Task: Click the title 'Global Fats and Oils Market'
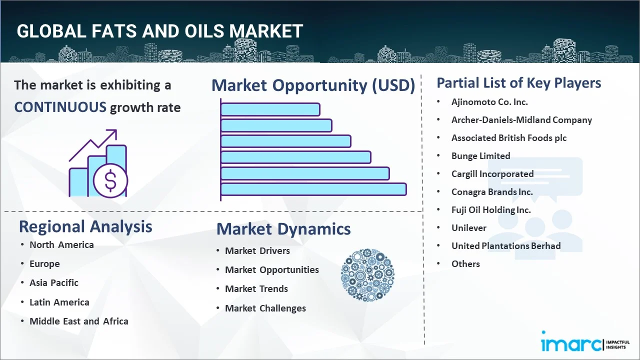159,31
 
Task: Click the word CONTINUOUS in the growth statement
60,107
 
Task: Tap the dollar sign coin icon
110,181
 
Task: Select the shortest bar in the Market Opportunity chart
270,109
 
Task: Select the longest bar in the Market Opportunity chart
313,189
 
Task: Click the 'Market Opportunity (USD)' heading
313,85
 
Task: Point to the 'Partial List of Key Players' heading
518,82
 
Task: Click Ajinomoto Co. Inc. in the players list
489,102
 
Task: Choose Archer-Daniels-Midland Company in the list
521,120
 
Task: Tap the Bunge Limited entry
480,156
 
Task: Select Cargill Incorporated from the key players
492,174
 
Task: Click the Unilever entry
468,228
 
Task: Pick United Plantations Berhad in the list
505,246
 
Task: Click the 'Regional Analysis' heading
85,226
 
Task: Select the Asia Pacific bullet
54,283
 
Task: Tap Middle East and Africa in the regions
78,321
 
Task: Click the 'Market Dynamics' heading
283,229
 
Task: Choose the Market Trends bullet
256,289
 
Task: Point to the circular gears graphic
367,275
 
